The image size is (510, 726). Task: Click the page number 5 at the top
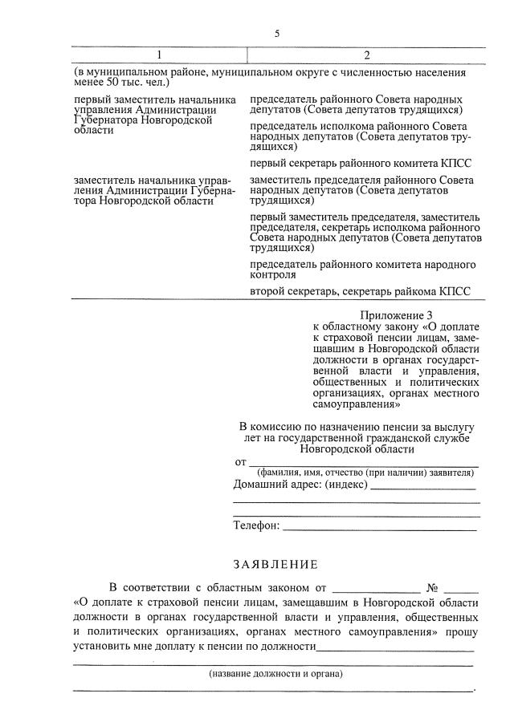click(277, 34)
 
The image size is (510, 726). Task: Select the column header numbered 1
click(159, 55)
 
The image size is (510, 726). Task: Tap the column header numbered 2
click(366, 55)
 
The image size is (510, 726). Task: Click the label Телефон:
click(256, 525)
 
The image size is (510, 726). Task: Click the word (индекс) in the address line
click(343, 485)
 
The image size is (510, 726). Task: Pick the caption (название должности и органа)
click(275, 673)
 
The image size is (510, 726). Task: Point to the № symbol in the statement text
click(430, 586)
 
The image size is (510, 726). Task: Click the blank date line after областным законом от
click(375, 587)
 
